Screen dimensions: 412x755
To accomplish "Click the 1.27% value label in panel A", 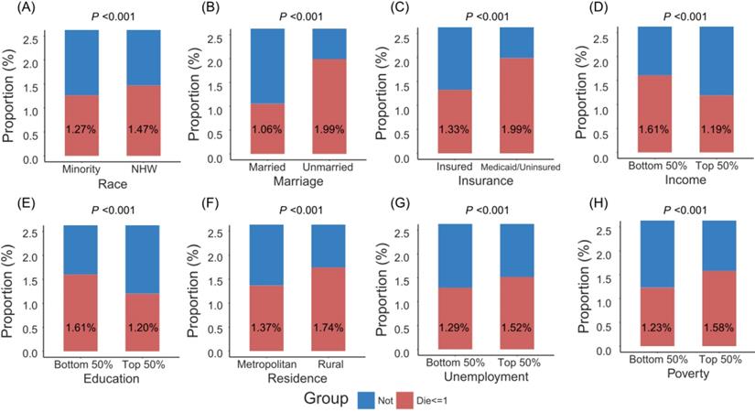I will (81, 128).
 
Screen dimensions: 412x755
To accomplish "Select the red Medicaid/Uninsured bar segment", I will (529, 105).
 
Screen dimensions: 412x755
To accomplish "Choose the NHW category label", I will (144, 169).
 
